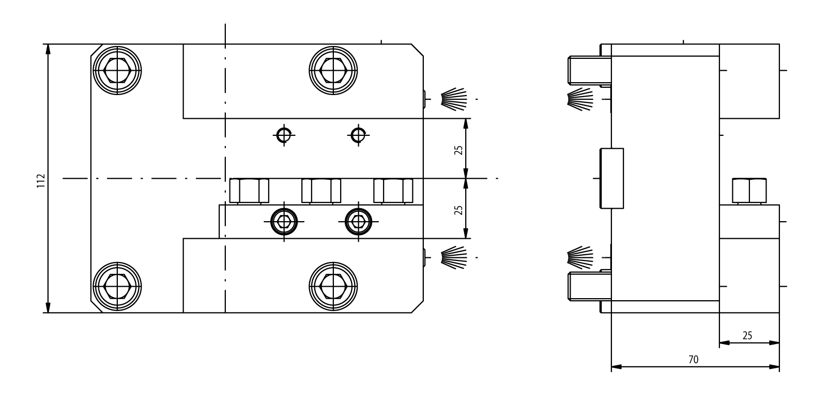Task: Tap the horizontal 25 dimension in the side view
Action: click(747, 335)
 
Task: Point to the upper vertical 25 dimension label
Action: click(458, 150)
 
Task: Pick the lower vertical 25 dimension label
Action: click(458, 209)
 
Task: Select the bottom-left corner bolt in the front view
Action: click(117, 287)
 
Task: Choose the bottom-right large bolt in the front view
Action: click(333, 287)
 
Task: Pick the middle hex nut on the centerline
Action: click(321, 191)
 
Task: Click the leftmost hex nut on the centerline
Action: click(249, 191)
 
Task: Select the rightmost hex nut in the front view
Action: click(393, 191)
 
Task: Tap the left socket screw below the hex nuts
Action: click(283, 221)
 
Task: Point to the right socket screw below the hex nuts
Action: click(357, 221)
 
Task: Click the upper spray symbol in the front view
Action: click(453, 98)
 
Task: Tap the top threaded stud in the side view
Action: click(587, 70)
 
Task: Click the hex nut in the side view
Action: click(749, 191)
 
